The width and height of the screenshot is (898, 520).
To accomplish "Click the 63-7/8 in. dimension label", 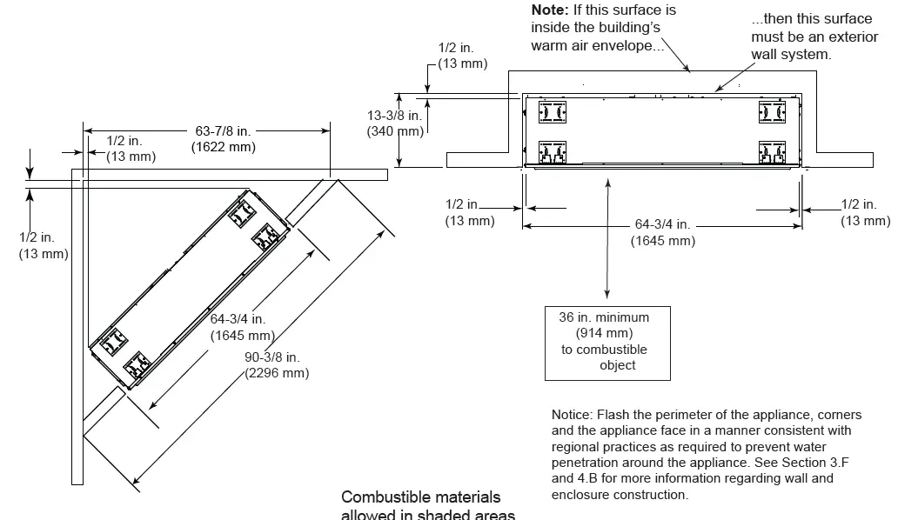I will [223, 130].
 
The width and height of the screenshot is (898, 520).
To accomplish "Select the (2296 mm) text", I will [277, 373].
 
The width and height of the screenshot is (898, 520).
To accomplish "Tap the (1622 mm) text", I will [224, 147].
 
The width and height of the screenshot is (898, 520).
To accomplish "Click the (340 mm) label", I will [395, 131].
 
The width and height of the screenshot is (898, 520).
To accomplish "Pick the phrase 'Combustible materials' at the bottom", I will [421, 497].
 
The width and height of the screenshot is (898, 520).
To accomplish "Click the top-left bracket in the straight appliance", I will [553, 111].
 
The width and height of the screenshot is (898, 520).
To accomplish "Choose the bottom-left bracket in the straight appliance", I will [553, 153].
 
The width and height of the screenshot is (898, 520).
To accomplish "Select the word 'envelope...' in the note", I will [629, 45].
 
